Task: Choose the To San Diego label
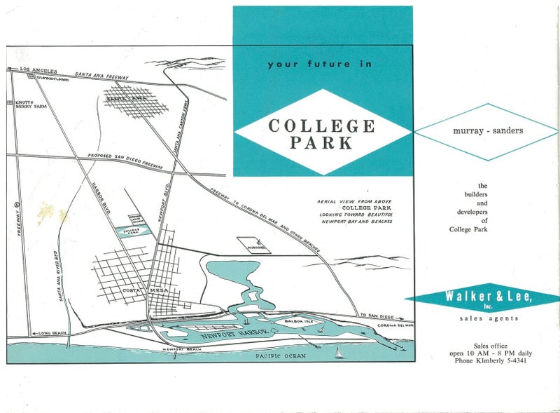[374, 314]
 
